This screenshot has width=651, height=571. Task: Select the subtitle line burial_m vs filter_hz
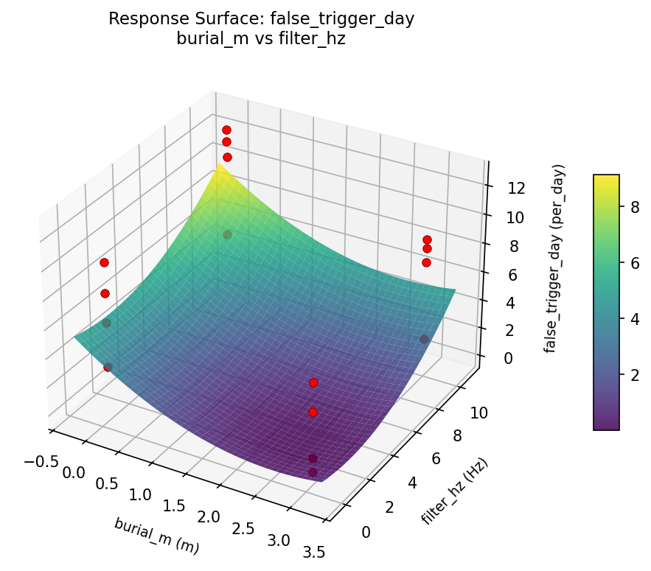point(261,40)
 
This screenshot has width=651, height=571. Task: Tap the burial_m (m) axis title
point(156,536)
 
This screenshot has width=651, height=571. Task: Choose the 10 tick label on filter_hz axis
point(478,413)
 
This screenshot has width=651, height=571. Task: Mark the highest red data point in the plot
point(226,130)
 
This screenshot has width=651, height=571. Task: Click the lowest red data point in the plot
point(313,472)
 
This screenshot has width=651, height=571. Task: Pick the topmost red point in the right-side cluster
point(427,239)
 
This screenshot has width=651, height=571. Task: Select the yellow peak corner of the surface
point(217,169)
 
